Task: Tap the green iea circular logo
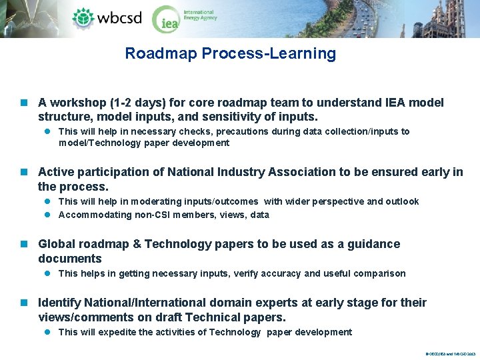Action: tap(165, 19)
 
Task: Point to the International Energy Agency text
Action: tap(200, 15)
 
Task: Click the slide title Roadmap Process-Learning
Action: tap(230, 53)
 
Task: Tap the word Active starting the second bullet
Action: tap(55, 172)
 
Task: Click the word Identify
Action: tap(60, 303)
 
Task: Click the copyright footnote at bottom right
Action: tap(450, 354)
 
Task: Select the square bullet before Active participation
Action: tap(25, 173)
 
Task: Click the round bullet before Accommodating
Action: tap(48, 215)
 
